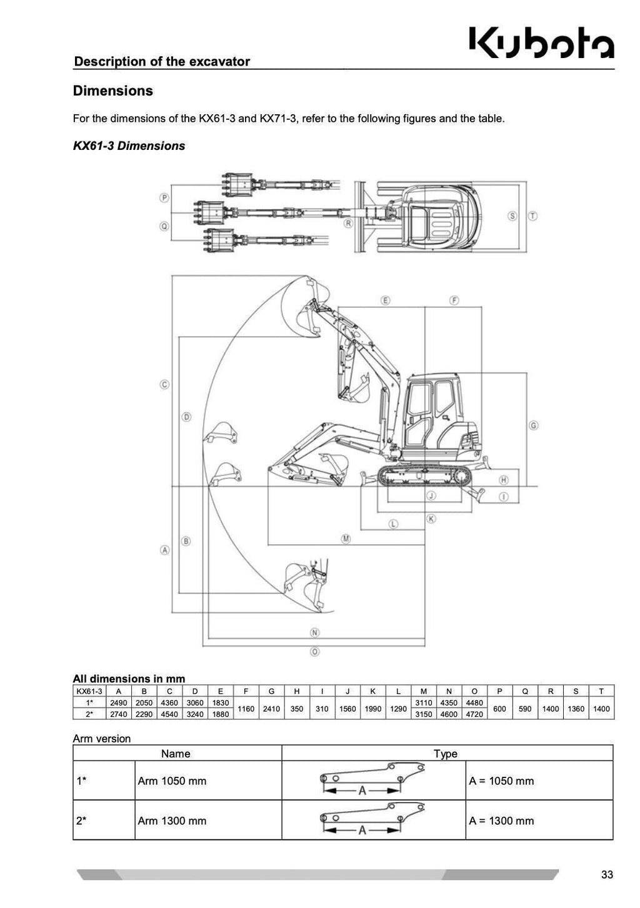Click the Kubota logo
pyautogui.click(x=541, y=42)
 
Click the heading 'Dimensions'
pyautogui.click(x=112, y=91)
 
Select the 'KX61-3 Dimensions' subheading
pyautogui.click(x=129, y=146)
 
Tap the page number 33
pyautogui.click(x=606, y=875)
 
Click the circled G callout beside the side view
pyautogui.click(x=533, y=425)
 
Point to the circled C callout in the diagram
pyautogui.click(x=164, y=385)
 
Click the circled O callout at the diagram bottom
pyautogui.click(x=315, y=651)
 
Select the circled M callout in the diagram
pyautogui.click(x=346, y=538)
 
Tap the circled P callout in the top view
pyautogui.click(x=164, y=198)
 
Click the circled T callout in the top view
pyautogui.click(x=532, y=215)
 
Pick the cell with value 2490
pyautogui.click(x=119, y=703)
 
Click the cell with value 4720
pyautogui.click(x=474, y=714)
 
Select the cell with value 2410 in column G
pyautogui.click(x=271, y=709)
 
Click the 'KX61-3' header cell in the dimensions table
pyautogui.click(x=89, y=691)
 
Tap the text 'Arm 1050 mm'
pyautogui.click(x=172, y=781)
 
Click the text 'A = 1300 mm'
pyautogui.click(x=501, y=821)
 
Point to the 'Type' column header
pyautogui.click(x=446, y=754)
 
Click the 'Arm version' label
pyautogui.click(x=102, y=739)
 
